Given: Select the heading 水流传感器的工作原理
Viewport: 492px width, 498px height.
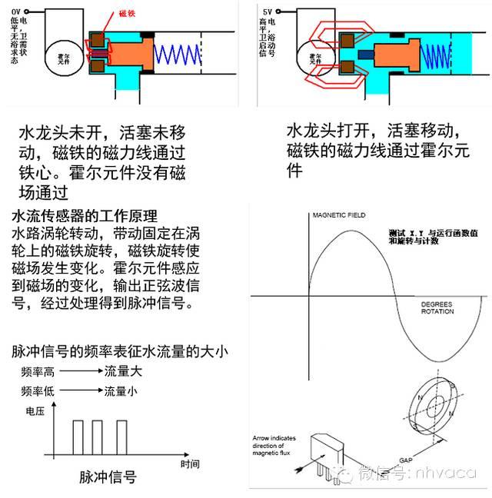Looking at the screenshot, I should pos(91,214).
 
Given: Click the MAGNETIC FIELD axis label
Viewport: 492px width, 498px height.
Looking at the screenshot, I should pos(338,214).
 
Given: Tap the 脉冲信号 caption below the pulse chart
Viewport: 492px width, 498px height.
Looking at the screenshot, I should pos(108,477).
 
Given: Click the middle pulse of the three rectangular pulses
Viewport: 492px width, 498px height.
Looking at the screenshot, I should pos(95,437).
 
